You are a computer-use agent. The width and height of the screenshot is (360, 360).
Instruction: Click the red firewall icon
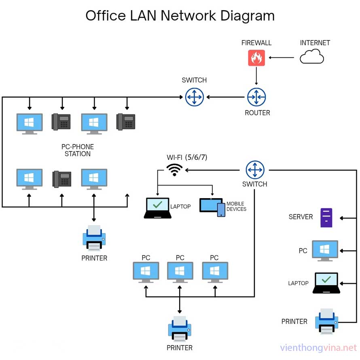256,58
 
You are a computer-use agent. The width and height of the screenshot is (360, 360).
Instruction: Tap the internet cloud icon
311,57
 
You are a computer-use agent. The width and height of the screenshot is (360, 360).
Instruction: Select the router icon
256,97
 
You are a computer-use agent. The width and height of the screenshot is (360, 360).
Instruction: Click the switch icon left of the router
195,97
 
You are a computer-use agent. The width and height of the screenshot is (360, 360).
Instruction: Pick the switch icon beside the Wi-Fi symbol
255,170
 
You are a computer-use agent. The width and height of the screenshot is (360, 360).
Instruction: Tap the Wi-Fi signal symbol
174,170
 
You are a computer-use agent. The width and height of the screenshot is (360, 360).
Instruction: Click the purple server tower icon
326,218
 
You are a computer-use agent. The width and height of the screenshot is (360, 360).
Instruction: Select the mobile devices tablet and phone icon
212,207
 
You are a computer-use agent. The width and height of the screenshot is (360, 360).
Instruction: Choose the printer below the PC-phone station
94,239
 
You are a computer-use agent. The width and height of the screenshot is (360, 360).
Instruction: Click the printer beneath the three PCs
180,328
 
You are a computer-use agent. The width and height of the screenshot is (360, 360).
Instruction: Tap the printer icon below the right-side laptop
326,321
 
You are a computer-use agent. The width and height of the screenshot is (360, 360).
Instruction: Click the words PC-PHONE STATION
78,150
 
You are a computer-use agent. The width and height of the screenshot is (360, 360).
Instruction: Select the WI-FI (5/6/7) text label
186,157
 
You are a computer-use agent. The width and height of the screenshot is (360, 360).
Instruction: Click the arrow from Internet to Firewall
282,57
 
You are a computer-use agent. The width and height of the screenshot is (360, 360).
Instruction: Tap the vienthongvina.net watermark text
319,348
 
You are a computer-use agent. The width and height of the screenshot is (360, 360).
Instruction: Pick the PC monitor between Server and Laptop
325,251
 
